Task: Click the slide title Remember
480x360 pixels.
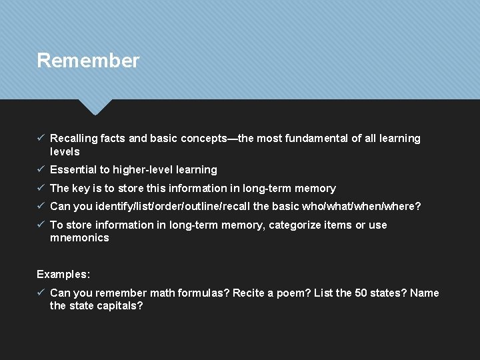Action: (88, 61)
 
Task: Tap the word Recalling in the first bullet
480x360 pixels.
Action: (73, 139)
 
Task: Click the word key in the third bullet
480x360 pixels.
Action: (83, 189)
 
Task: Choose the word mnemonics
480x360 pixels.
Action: (79, 238)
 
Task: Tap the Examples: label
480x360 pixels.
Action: (63, 274)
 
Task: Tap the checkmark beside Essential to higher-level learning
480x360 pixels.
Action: (41, 169)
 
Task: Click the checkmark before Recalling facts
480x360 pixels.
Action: (41, 138)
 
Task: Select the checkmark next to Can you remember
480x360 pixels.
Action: (41, 292)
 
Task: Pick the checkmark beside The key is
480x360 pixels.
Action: (41, 188)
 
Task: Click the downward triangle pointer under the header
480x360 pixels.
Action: (95, 106)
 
